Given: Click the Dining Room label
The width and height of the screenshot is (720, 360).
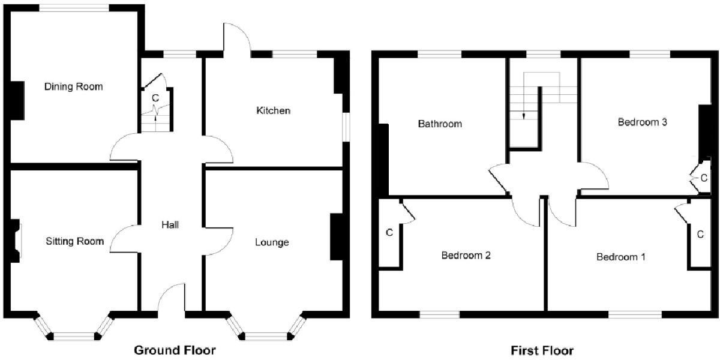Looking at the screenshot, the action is point(73,86).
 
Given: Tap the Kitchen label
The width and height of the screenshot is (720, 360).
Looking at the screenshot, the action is point(273,110).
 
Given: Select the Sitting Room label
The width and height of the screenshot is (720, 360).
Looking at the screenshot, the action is point(75,241).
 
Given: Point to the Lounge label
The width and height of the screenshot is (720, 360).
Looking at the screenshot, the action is point(272,242).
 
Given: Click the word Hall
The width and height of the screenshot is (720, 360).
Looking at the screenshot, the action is point(170,224).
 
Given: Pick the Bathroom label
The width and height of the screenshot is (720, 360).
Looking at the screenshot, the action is point(440,124).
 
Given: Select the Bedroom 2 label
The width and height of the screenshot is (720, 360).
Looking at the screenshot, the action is point(466,255).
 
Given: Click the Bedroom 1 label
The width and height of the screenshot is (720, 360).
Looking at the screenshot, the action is point(621,257).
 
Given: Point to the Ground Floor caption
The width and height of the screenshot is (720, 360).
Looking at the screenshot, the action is point(174,350).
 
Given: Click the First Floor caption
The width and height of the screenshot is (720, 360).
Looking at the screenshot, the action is point(542,350).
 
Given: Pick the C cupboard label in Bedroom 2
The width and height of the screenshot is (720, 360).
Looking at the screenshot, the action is point(389,232).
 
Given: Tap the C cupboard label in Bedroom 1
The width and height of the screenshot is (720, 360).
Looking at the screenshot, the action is point(700,235).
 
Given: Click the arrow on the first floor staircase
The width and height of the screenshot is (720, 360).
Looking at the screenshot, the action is point(524,115).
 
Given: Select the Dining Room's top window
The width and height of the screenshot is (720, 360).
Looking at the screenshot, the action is point(74,8).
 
